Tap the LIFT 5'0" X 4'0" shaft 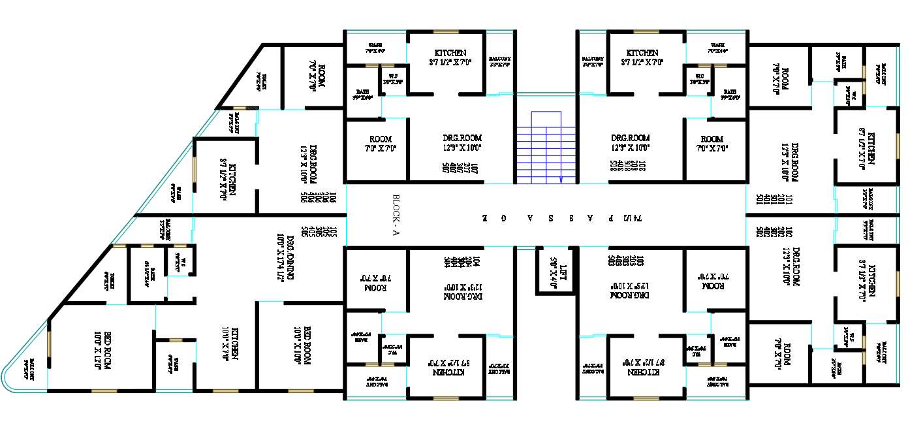pyautogui.click(x=555, y=270)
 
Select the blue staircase pyautogui.click(x=546, y=147)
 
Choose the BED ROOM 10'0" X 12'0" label pyautogui.click(x=102, y=350)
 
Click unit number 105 pyautogui.click(x=333, y=231)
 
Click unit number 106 pyautogui.click(x=333, y=197)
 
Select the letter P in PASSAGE pyautogui.click(x=610, y=215)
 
